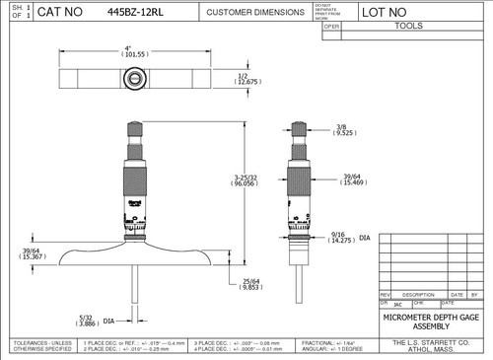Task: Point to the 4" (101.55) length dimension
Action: pyautogui.click(x=129, y=52)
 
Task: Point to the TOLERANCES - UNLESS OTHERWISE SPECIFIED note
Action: pyautogui.click(x=37, y=344)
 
